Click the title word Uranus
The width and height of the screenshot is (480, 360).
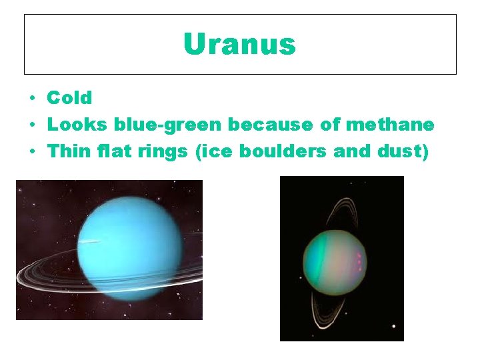coord(239,45)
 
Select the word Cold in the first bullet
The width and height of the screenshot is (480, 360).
coord(69,98)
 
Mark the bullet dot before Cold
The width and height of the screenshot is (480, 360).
coord(31,99)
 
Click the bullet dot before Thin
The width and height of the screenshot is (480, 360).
coord(31,152)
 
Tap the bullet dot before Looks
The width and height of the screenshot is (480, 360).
coord(31,125)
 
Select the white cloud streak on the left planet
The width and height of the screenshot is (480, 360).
coord(89,241)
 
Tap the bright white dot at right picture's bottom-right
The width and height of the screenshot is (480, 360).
coord(393,327)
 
